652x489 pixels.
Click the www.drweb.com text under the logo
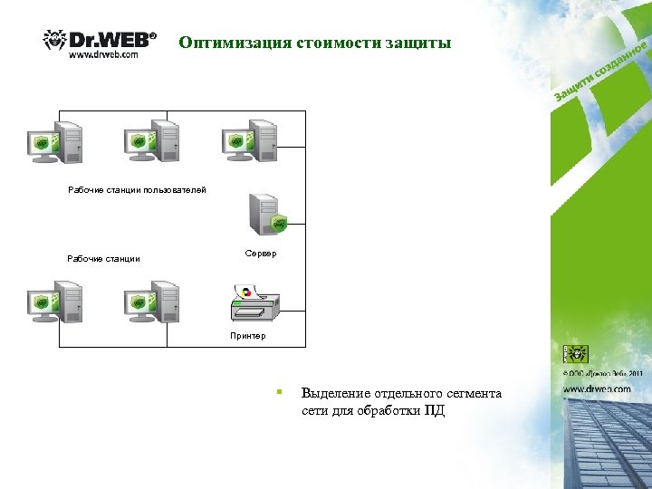[103, 54]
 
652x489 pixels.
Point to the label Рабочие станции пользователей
[137, 190]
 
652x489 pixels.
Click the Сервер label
[261, 254]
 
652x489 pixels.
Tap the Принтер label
[247, 336]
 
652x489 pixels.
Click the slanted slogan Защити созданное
[601, 70]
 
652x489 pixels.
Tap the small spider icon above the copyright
[576, 354]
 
